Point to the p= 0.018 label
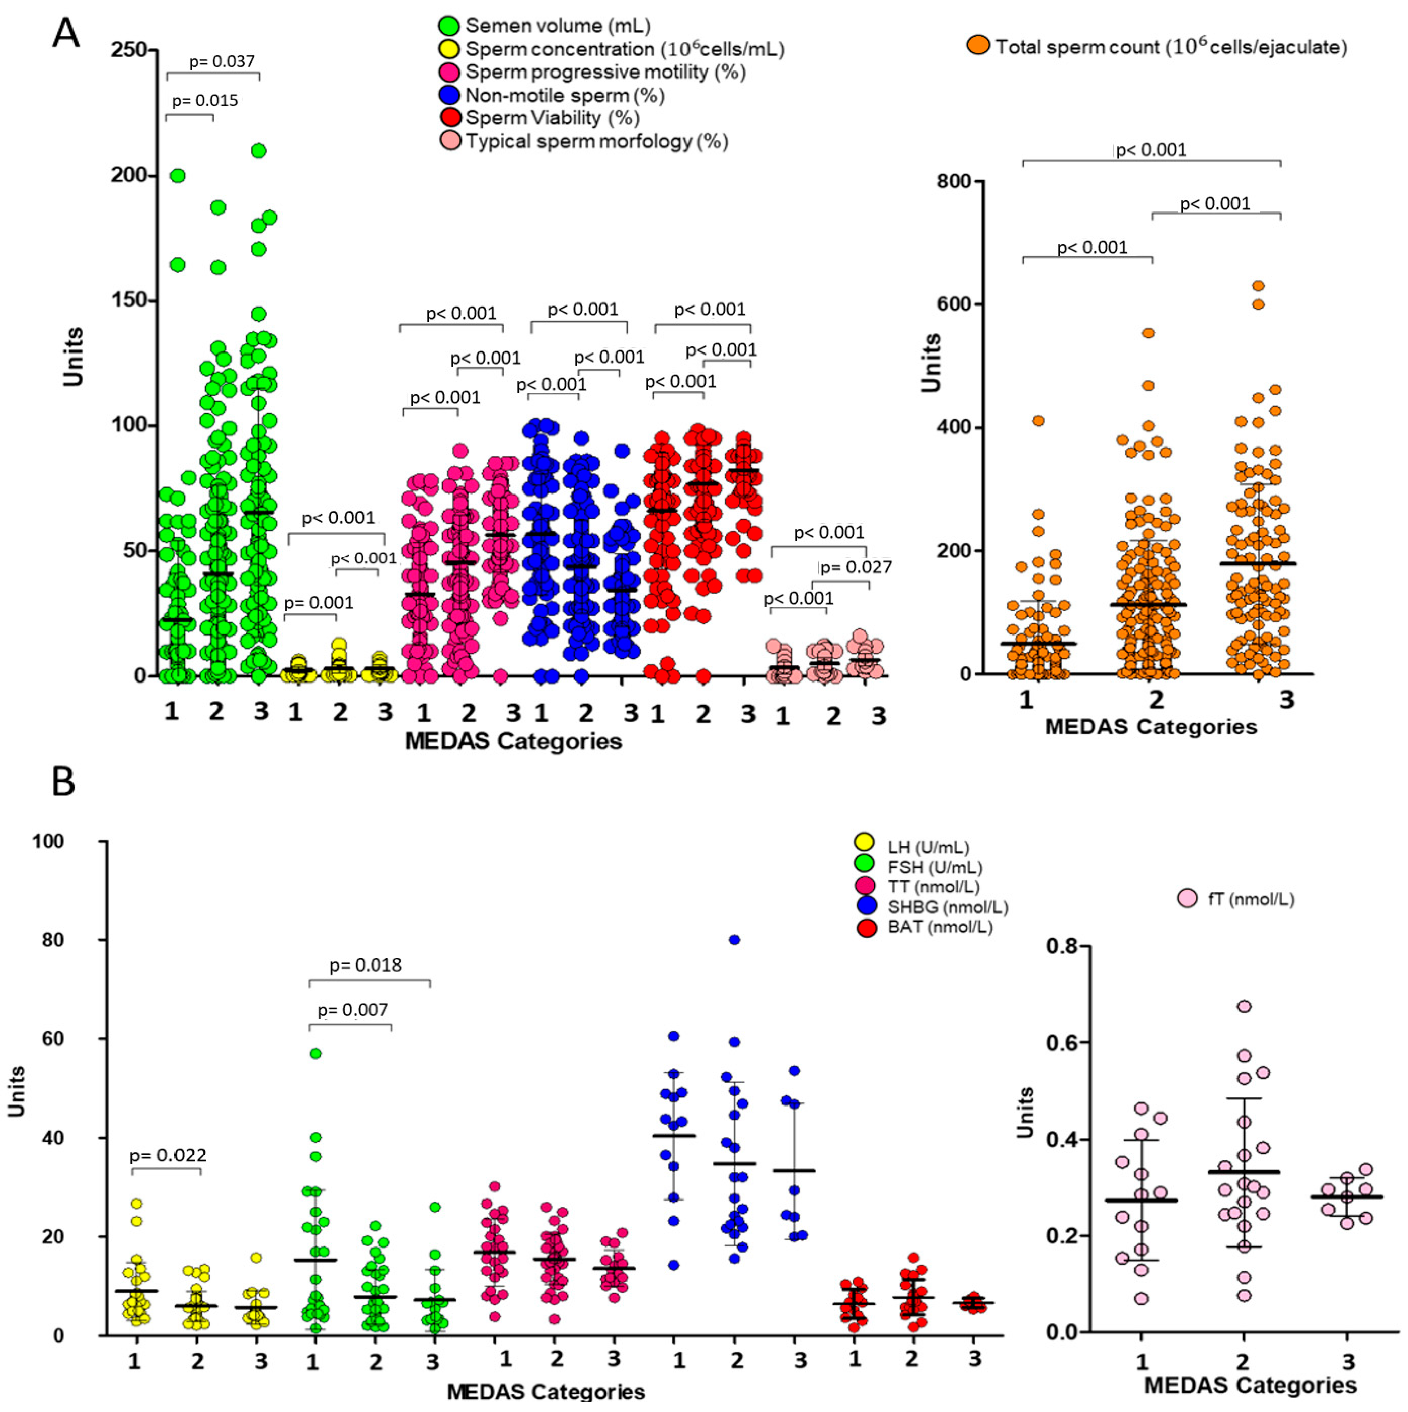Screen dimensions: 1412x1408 365,965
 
